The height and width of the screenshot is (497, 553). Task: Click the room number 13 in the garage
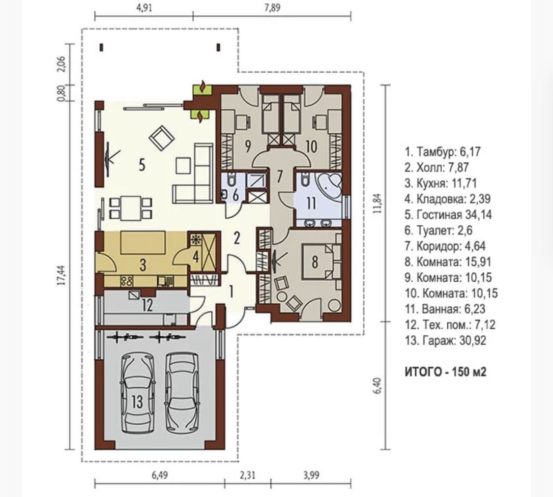137,401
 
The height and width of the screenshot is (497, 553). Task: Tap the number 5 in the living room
142,164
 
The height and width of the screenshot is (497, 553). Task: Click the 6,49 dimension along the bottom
160,475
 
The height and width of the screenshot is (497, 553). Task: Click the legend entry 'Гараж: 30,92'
445,340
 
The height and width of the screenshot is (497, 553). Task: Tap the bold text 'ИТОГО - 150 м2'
445,372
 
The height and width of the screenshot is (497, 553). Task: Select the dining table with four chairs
131,208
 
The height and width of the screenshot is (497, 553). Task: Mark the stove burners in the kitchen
127,281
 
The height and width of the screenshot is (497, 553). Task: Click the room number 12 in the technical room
147,305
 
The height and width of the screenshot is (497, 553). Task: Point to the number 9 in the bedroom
248,146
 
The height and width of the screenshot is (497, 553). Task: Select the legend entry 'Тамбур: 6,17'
442,152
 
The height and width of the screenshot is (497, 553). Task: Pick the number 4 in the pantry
196,257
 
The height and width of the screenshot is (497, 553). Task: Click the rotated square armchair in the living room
162,138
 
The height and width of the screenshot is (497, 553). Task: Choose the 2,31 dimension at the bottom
247,475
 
